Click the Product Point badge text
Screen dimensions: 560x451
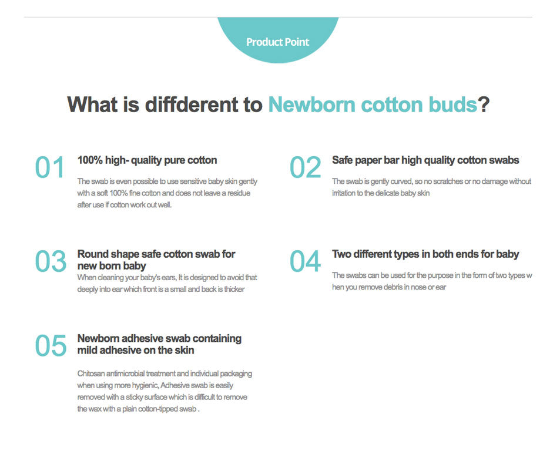pos(277,42)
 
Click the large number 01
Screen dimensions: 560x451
pos(49,167)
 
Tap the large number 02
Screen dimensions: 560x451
pos(306,167)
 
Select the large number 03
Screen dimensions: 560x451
pos(51,261)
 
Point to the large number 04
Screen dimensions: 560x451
pos(305,261)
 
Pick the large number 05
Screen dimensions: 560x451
pos(51,345)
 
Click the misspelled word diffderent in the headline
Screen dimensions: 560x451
pos(192,104)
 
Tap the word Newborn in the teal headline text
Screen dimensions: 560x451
pos(312,104)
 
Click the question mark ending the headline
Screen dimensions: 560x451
pos(484,104)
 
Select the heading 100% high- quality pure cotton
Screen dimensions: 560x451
pos(147,160)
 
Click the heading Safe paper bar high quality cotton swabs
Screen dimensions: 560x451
pos(425,160)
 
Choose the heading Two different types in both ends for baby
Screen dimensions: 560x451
pos(425,254)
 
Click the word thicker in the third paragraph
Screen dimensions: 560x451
pos(234,289)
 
